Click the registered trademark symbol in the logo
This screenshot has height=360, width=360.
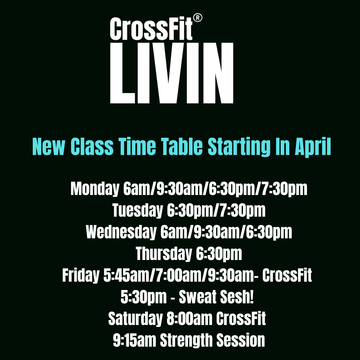pyautogui.click(x=197, y=18)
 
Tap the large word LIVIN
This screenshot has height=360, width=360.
pyautogui.click(x=172, y=73)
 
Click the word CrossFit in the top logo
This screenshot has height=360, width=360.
pyautogui.click(x=151, y=29)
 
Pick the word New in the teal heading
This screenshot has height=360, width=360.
pyautogui.click(x=49, y=147)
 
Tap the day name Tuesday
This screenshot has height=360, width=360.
pyautogui.click(x=138, y=211)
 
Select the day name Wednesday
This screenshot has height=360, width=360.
pyautogui.click(x=121, y=232)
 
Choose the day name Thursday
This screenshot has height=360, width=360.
pyautogui.click(x=164, y=254)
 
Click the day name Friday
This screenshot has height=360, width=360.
pyautogui.click(x=81, y=275)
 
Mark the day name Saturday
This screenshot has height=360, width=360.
pyautogui.click(x=135, y=318)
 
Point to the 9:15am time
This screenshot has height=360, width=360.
pyautogui.click(x=135, y=340)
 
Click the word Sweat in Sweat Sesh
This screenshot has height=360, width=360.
pyautogui.click(x=197, y=297)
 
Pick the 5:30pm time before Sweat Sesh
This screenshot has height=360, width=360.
pyautogui.click(x=143, y=297)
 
